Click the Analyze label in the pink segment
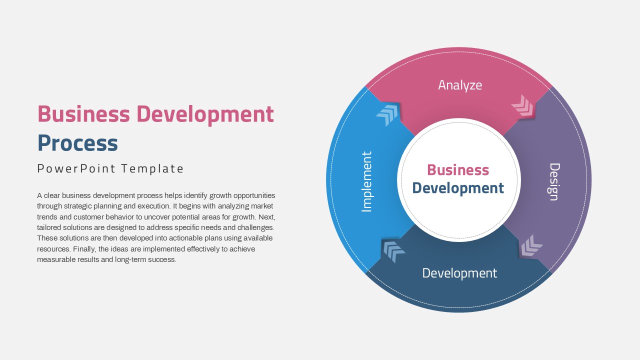tap(460, 85)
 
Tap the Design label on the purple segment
tap(555, 181)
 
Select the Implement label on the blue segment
tap(367, 181)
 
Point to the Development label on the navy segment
tap(459, 273)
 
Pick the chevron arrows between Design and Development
tap(531, 245)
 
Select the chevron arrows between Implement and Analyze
tap(387, 115)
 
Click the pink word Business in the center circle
tap(458, 170)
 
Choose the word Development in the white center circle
tap(458, 188)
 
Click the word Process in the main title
tap(77, 143)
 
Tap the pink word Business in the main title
tap(83, 114)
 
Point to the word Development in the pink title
tap(205, 115)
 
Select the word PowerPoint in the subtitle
tap(76, 168)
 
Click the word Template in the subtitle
tap(152, 168)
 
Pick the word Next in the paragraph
tap(267, 217)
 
